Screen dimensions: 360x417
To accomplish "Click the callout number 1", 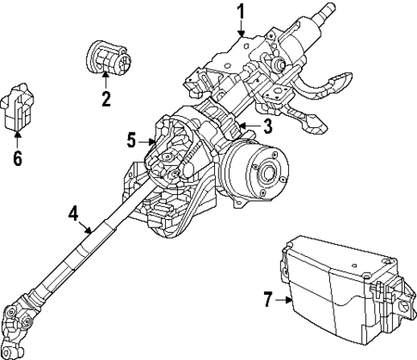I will tap(242, 11).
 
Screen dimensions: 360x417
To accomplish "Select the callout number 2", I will tap(106, 99).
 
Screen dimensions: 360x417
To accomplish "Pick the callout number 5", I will tap(132, 140).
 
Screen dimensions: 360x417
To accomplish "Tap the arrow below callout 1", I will tap(242, 29).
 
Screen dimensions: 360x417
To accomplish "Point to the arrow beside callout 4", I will tap(86, 225).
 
